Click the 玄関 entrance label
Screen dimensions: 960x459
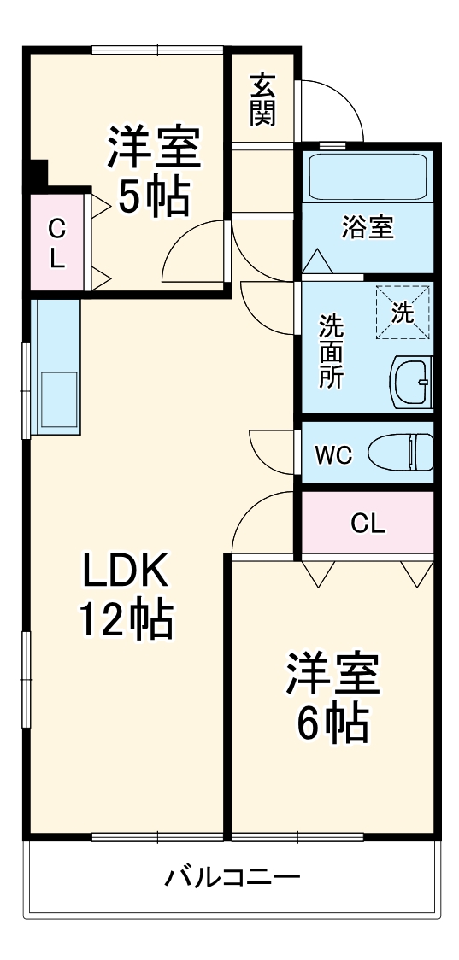(263, 101)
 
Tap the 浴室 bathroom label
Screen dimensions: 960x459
(368, 228)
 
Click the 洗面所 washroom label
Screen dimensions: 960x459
(332, 352)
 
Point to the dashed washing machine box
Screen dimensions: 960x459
(402, 312)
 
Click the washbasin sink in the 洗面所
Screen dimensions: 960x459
(412, 382)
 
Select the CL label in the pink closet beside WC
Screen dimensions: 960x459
(368, 524)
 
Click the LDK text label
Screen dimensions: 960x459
(127, 573)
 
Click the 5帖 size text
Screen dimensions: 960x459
(154, 198)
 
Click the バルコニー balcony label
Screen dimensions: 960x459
(232, 877)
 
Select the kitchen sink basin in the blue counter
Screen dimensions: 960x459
(56, 399)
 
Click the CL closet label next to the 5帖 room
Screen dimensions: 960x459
(56, 243)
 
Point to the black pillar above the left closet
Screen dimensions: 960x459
(36, 176)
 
